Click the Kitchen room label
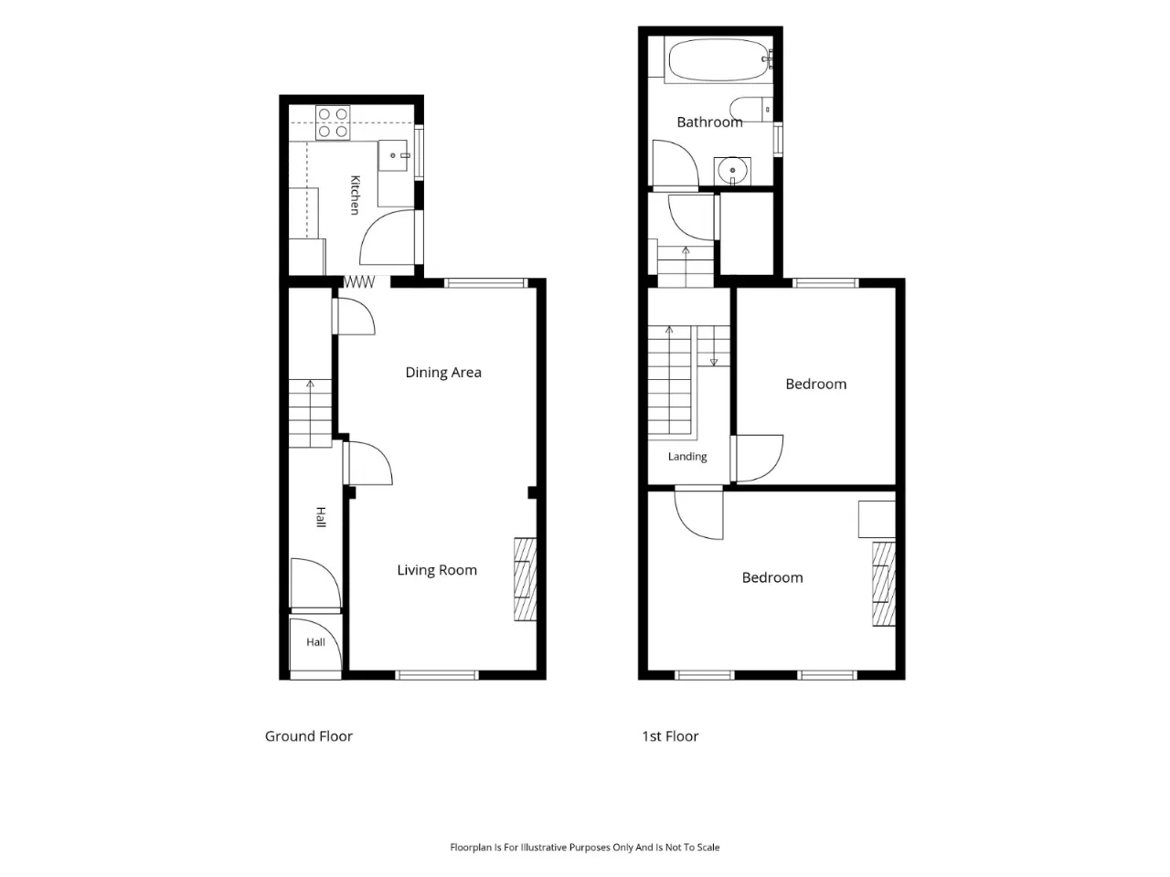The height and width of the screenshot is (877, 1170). click(x=355, y=195)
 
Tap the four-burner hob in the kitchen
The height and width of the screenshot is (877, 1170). click(x=333, y=122)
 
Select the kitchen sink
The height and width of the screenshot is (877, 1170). click(x=393, y=155)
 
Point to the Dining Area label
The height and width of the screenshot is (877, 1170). click(x=443, y=372)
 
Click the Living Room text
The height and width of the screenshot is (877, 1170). click(x=437, y=570)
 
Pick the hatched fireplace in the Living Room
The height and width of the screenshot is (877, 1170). click(x=525, y=579)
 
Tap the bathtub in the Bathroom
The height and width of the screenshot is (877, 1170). click(x=719, y=59)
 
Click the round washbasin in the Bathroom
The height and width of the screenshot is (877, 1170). click(x=732, y=171)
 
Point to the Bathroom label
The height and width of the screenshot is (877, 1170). click(x=709, y=122)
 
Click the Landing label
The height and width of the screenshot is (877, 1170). click(x=687, y=457)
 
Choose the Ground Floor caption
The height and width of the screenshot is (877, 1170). click(x=309, y=736)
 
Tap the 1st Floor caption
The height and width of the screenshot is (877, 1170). click(x=670, y=736)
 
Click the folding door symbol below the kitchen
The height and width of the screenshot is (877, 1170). click(x=358, y=281)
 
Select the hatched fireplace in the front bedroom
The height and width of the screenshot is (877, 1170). click(x=884, y=584)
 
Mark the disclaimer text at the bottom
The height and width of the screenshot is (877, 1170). click(x=585, y=847)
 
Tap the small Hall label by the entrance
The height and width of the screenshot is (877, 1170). click(x=315, y=642)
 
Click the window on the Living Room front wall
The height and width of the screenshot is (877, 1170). click(x=437, y=675)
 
